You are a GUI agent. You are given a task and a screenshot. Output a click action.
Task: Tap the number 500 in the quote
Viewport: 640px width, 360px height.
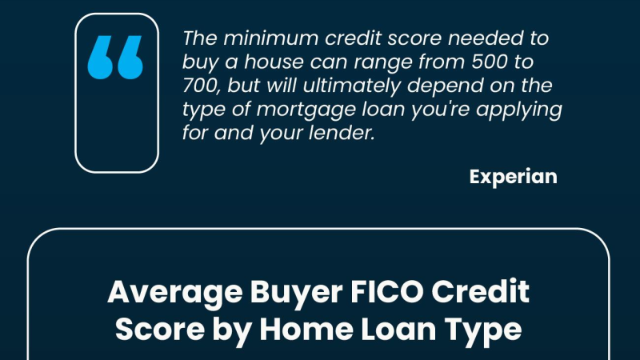(490, 62)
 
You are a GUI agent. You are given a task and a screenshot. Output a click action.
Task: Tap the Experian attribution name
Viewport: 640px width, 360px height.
(513, 177)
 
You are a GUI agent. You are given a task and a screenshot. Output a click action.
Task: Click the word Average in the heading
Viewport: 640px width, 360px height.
(174, 292)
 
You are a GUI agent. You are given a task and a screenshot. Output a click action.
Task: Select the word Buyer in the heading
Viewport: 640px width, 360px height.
(296, 293)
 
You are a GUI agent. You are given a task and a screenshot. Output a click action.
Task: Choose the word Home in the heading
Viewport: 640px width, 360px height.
(306, 330)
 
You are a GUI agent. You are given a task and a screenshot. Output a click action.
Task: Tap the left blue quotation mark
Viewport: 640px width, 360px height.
(99, 57)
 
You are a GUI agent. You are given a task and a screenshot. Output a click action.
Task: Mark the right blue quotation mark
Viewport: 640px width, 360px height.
(130, 57)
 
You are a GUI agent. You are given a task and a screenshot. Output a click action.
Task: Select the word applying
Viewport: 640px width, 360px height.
(518, 110)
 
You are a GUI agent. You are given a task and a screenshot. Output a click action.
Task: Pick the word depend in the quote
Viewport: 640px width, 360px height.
(446, 86)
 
